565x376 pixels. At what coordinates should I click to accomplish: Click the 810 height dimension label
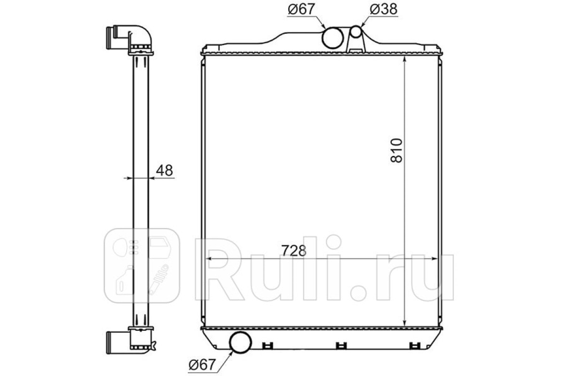(396, 150)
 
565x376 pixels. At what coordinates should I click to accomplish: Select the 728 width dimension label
(294, 251)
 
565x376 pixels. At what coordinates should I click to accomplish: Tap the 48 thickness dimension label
(164, 170)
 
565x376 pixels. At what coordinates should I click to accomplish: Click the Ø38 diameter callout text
(384, 9)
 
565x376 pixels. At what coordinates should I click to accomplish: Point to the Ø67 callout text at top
(301, 9)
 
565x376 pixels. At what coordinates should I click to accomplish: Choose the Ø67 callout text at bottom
(202, 364)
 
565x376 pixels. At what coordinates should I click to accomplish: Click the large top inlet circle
(333, 38)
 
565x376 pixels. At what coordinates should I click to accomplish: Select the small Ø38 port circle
(356, 31)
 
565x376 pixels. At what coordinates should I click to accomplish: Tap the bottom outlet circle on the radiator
(241, 343)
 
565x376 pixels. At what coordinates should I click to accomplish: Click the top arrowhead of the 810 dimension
(404, 59)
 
